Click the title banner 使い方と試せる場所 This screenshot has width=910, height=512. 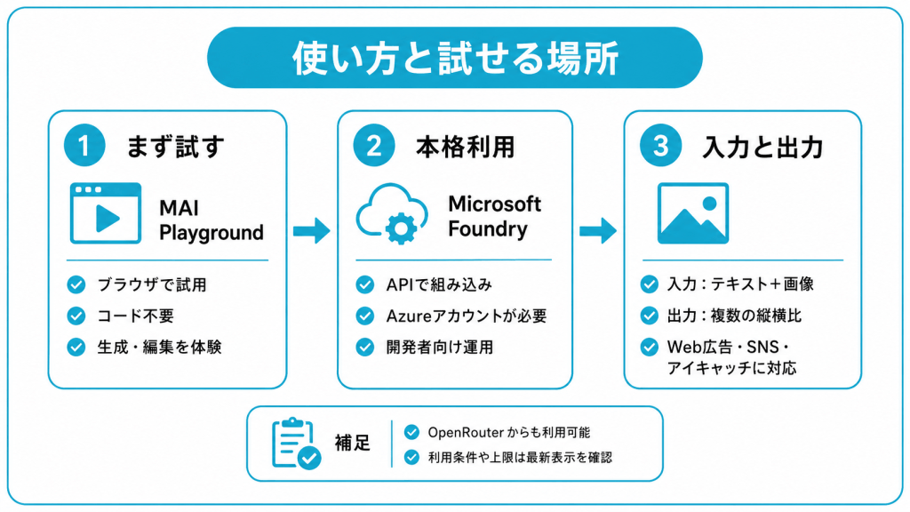(x=455, y=58)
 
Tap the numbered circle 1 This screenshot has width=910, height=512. (x=84, y=145)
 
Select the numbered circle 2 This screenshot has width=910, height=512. (x=374, y=145)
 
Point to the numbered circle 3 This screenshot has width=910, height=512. (x=660, y=145)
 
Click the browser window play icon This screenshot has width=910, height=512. (x=106, y=213)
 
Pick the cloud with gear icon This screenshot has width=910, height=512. (x=392, y=213)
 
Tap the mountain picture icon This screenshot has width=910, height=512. (x=693, y=213)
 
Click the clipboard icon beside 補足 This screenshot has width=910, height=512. (x=296, y=443)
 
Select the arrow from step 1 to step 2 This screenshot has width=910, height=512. (x=312, y=230)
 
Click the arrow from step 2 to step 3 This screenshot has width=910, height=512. (x=598, y=230)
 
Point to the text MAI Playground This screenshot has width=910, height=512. (x=212, y=220)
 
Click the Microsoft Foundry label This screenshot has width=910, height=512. (x=494, y=216)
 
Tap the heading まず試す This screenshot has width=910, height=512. (x=175, y=147)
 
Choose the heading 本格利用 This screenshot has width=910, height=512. (x=465, y=147)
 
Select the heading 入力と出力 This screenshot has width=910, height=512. (x=762, y=147)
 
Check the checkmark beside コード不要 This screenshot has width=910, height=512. (x=76, y=316)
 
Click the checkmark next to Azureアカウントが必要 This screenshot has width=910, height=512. (x=365, y=316)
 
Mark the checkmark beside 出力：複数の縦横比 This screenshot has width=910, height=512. (x=650, y=316)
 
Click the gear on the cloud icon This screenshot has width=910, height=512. (x=401, y=228)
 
